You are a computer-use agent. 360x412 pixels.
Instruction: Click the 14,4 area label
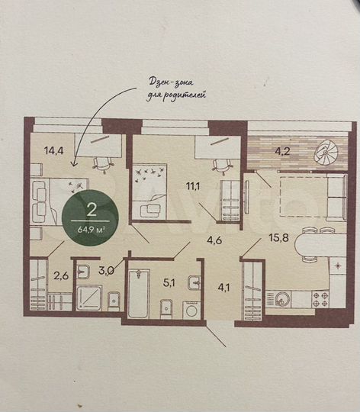click(x=54, y=151)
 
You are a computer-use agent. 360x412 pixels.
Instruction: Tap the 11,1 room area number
click(x=193, y=186)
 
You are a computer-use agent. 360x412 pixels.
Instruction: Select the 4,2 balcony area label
click(x=282, y=152)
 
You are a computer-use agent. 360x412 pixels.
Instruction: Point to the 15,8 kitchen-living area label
click(x=278, y=238)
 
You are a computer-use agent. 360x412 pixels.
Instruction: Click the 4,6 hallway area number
click(x=214, y=240)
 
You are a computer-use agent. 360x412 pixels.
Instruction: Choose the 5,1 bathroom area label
click(x=169, y=283)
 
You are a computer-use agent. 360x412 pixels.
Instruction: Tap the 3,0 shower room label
click(x=106, y=270)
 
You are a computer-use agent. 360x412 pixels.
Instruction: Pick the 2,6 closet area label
click(x=61, y=276)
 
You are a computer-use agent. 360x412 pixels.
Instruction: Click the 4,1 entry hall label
click(x=223, y=288)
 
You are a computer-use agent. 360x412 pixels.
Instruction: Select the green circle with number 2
click(x=90, y=217)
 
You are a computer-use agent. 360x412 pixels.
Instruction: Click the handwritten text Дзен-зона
click(x=171, y=82)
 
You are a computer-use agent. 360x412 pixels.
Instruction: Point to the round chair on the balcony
click(x=328, y=153)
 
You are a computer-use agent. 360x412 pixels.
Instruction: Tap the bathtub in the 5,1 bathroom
click(x=139, y=294)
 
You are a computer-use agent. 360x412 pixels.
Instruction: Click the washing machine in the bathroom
click(x=192, y=311)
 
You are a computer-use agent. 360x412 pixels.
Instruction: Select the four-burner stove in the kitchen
click(x=320, y=299)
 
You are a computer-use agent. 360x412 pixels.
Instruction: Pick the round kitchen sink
click(x=283, y=299)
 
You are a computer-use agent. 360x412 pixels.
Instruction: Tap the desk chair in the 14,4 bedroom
click(x=104, y=165)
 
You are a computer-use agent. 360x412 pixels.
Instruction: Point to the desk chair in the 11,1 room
click(x=222, y=166)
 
